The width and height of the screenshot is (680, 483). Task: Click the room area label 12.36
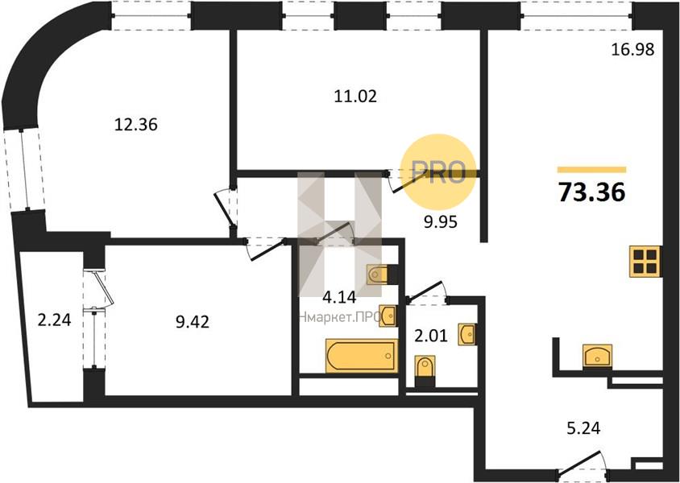click(135, 125)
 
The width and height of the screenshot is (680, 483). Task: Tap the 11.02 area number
click(355, 96)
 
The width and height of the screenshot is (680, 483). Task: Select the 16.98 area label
click(632, 49)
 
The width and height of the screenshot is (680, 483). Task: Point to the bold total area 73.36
click(591, 192)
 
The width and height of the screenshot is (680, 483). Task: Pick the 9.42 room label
click(193, 322)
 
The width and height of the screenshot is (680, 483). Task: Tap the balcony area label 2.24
click(54, 320)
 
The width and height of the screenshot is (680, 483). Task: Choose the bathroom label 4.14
click(339, 297)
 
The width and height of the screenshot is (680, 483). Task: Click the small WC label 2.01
click(430, 336)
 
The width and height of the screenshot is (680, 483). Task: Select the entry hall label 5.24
click(584, 428)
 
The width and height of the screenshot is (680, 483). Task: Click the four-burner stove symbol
click(645, 261)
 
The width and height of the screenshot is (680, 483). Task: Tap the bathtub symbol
click(362, 356)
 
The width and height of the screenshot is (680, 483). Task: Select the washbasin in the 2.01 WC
click(467, 334)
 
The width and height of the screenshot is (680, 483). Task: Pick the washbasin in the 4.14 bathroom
click(388, 316)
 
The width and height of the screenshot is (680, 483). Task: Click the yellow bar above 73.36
click(591, 170)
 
